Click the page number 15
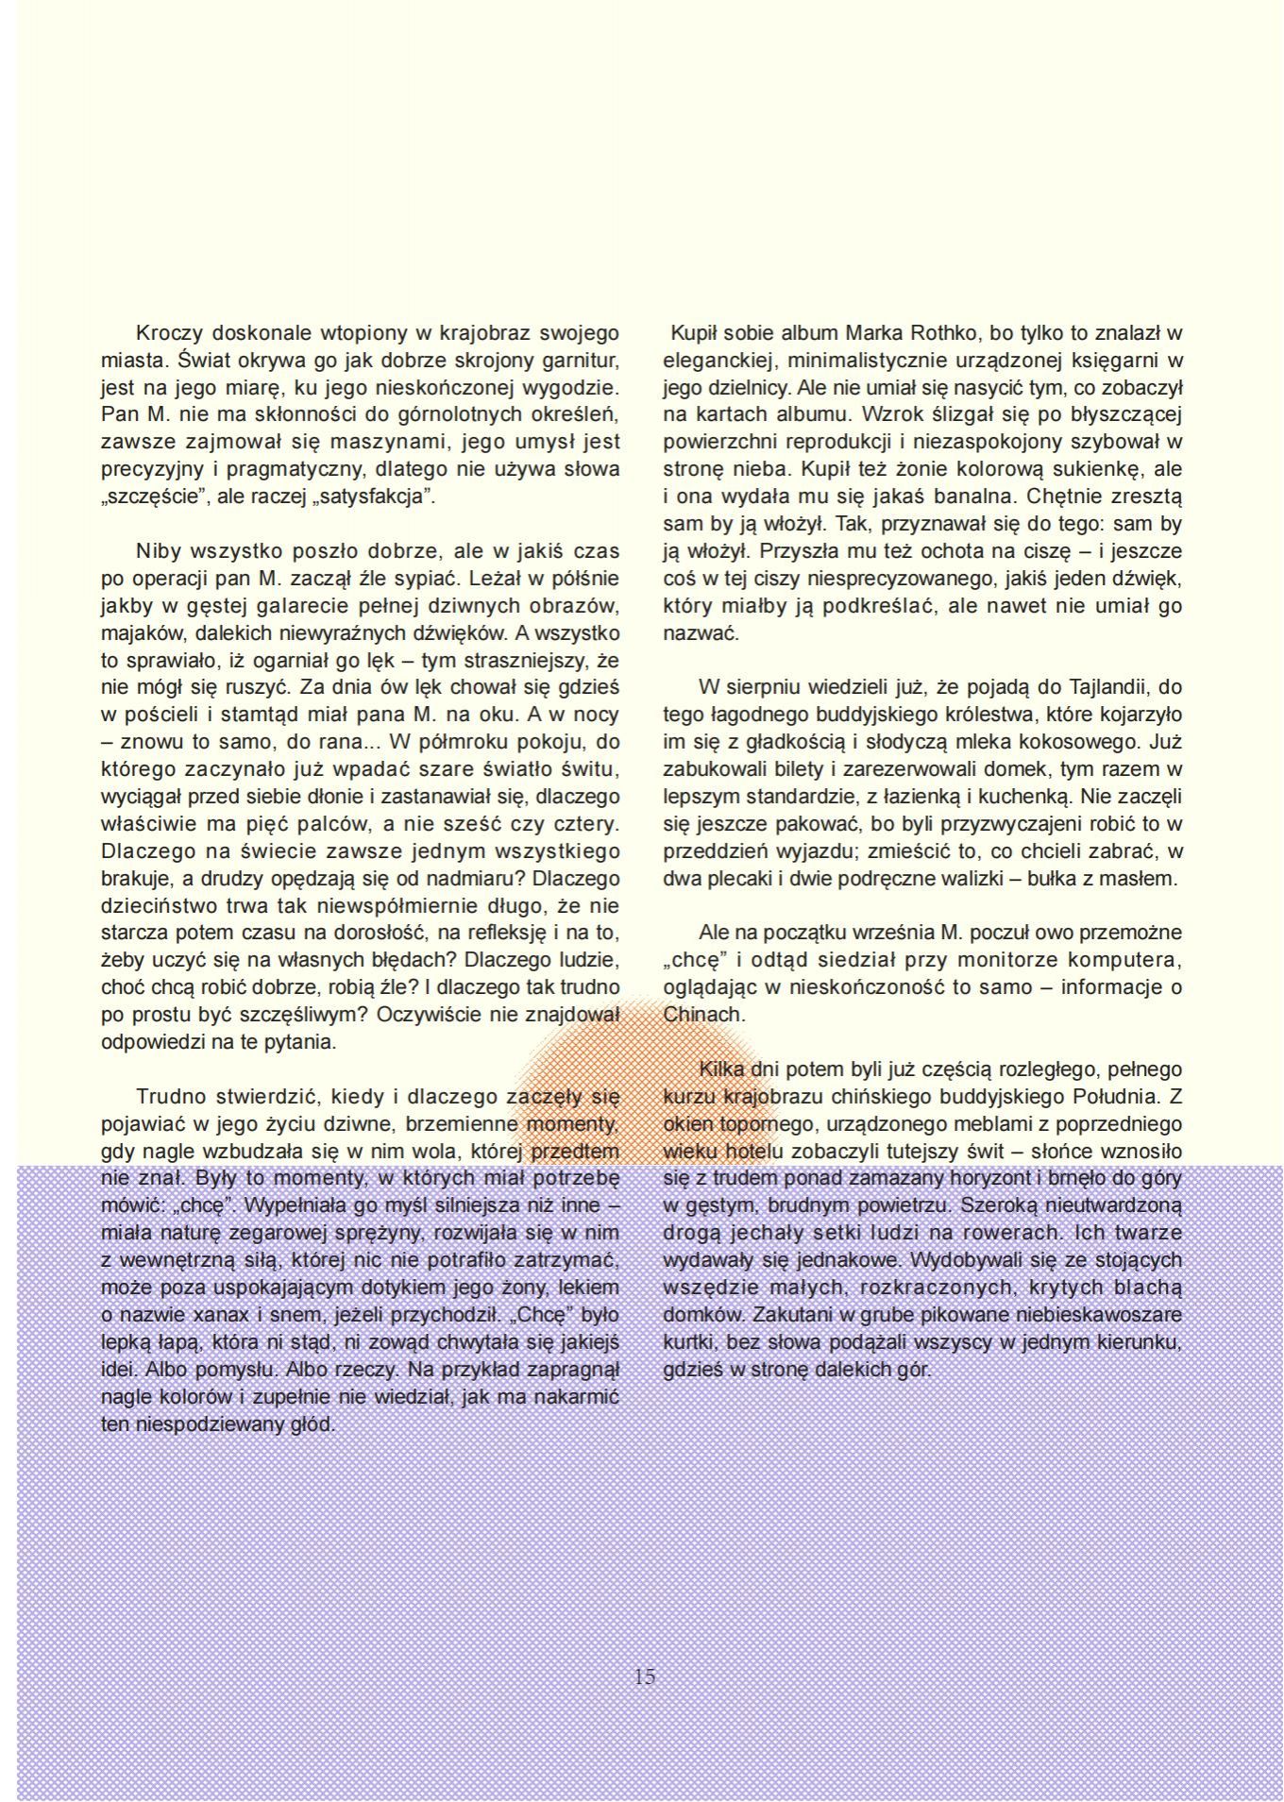645,1676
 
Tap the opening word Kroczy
169,333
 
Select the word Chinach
703,1015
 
